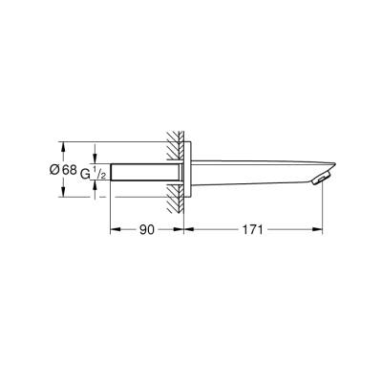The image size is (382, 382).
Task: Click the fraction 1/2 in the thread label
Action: (98, 173)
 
